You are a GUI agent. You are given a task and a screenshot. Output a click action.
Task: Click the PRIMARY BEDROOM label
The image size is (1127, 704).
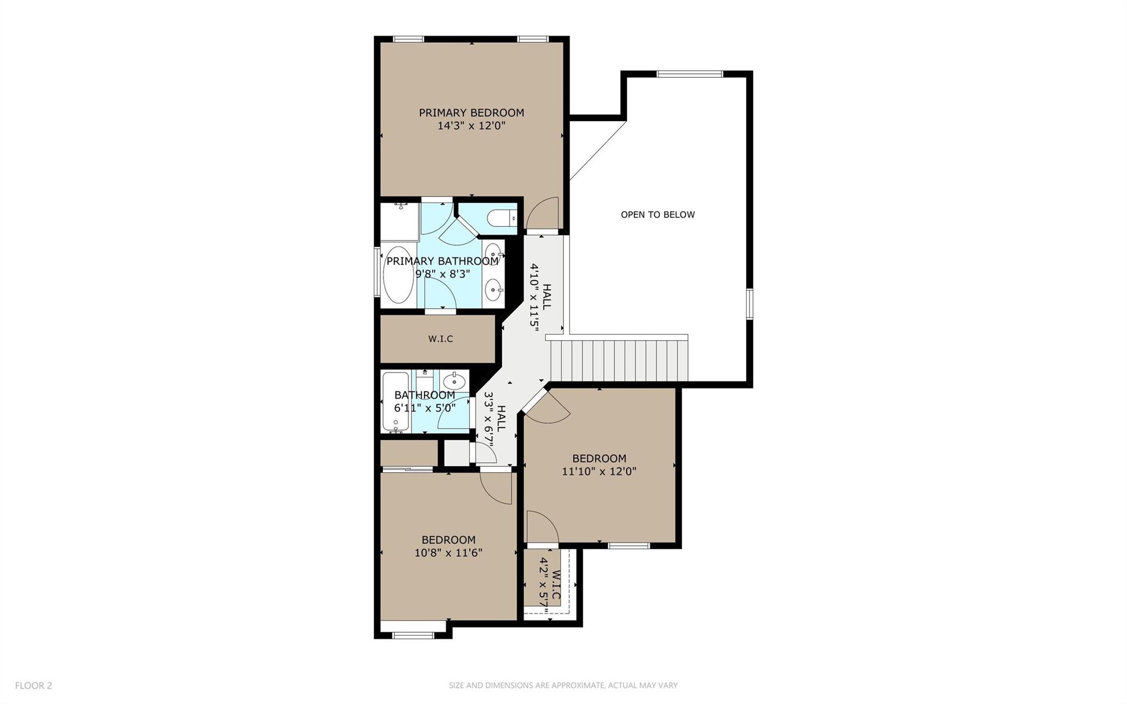[x=471, y=113]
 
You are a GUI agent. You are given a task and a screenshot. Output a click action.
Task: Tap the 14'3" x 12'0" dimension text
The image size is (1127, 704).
[x=471, y=126]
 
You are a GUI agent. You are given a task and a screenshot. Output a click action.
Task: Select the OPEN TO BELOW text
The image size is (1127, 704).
[x=658, y=215]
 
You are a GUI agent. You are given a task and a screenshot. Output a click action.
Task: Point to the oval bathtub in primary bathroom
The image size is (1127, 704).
[x=398, y=275]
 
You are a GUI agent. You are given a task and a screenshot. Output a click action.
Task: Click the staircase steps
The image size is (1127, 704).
[x=619, y=361]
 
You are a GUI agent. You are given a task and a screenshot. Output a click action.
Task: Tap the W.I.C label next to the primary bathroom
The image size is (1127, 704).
[x=440, y=339]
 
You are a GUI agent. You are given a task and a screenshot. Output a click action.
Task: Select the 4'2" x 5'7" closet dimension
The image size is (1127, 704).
[x=543, y=582]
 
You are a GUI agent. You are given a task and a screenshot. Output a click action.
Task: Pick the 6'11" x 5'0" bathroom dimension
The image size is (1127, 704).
[x=424, y=408]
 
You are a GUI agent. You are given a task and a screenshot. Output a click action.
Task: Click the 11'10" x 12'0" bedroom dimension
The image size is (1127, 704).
[x=599, y=472]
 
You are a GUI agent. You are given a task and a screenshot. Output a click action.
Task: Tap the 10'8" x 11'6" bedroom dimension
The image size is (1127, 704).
[x=448, y=553]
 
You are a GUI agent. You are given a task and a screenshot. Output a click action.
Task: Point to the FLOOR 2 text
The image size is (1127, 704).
[x=34, y=685]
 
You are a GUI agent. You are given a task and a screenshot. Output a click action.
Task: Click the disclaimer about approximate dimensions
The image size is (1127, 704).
[x=563, y=685]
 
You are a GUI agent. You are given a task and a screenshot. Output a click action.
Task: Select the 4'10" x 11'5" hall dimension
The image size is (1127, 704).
[x=533, y=294]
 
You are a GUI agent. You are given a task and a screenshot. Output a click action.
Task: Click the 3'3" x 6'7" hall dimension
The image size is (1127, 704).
[x=488, y=418]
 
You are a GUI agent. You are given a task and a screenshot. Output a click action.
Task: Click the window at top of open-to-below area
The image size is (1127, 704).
[x=690, y=74]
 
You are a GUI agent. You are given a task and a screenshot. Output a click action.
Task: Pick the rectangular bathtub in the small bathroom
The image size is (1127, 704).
[x=396, y=401]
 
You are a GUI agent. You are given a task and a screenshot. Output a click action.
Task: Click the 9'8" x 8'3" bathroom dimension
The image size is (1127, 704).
[x=442, y=274]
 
